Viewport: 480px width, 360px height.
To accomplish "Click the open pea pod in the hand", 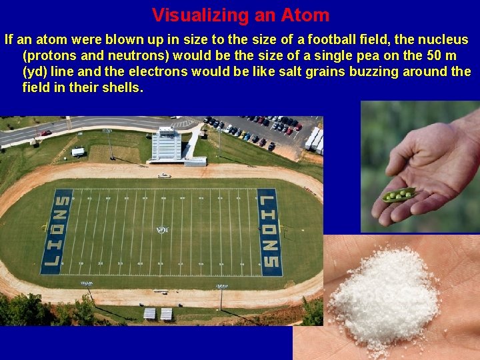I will [x=399, y=195].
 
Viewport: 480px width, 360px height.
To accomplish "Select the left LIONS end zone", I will [x=57, y=231].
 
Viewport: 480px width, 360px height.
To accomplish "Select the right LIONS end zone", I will [x=269, y=231].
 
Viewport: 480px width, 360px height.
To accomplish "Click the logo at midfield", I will [x=162, y=230].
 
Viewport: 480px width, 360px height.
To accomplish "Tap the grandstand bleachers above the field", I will [x=167, y=145].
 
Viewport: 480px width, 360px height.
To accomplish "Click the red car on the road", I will [x=46, y=133].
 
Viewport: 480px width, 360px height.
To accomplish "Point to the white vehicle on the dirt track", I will [x=163, y=175].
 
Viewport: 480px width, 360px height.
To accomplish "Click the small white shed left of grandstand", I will [x=78, y=152].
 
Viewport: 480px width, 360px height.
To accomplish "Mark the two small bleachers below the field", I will [x=159, y=313].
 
